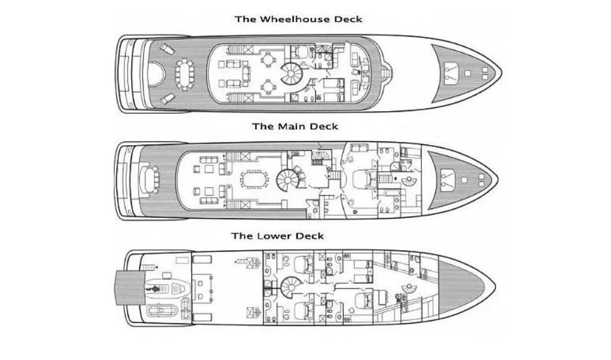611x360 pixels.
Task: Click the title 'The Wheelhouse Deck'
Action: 298,19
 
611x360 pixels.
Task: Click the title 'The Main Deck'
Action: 295,126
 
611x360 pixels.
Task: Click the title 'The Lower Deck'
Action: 278,236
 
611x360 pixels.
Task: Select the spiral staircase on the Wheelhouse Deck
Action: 293,74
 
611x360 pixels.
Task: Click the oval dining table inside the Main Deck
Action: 252,180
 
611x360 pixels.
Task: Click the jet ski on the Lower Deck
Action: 155,288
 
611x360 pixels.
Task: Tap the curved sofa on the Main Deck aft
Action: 150,180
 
